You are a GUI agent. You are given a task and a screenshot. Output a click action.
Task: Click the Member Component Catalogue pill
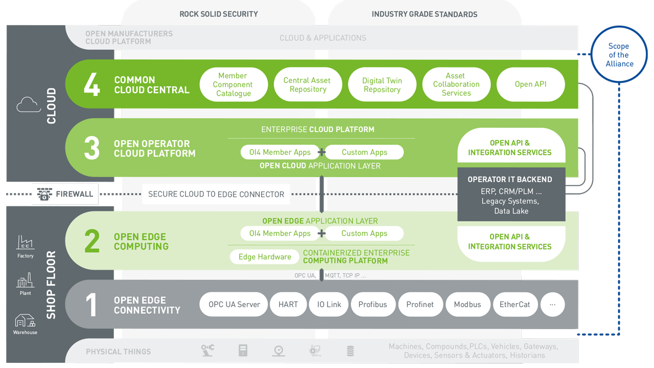232,84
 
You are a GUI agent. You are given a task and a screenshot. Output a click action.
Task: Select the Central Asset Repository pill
307,84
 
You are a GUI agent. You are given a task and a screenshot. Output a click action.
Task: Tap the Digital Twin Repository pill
382,84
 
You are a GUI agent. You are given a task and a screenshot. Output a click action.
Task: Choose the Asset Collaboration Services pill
456,84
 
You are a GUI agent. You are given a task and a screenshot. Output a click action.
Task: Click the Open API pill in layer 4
530,84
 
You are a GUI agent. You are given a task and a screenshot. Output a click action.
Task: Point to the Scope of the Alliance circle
619,55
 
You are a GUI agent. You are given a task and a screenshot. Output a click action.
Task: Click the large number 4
92,84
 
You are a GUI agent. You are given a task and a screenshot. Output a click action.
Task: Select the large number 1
91,305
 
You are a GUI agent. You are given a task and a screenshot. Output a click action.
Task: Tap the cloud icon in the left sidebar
29,105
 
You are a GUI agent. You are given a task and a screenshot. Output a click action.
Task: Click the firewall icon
44,194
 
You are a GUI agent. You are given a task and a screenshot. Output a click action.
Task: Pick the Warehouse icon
25,321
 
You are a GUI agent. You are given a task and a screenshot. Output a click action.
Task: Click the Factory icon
25,243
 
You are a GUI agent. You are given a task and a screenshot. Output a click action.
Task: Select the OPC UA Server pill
234,305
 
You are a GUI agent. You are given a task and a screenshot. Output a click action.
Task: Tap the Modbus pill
467,305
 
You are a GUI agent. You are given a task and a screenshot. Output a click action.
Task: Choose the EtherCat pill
515,305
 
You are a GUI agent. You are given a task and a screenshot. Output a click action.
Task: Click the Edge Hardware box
265,257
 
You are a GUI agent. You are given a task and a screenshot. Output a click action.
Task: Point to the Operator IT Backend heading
510,180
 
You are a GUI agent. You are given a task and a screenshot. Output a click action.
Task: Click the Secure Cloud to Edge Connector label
216,194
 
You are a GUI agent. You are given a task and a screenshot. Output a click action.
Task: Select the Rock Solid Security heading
218,14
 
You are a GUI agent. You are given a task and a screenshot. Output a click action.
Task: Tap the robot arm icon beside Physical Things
207,351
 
